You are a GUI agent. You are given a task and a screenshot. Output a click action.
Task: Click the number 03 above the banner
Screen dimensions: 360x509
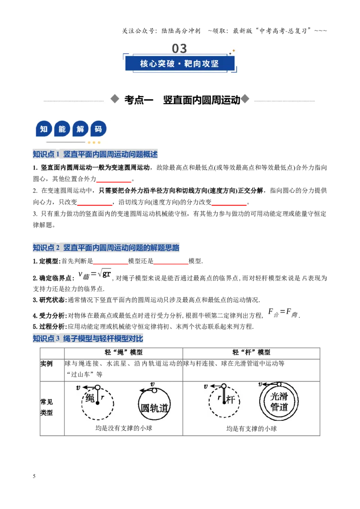pyautogui.click(x=180, y=49)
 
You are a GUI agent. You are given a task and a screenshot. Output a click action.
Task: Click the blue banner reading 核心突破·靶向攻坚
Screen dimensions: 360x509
pyautogui.click(x=180, y=63)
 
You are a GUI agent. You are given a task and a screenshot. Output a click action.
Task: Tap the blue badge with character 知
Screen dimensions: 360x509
pyautogui.click(x=44, y=129)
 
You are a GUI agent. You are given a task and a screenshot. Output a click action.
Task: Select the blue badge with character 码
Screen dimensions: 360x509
pyautogui.click(x=98, y=129)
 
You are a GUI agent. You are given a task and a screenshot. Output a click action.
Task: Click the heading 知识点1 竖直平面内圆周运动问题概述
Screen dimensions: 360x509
pyautogui.click(x=95, y=154)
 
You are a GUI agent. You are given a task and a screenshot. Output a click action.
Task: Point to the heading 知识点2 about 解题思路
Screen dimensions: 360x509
pyautogui.click(x=106, y=248)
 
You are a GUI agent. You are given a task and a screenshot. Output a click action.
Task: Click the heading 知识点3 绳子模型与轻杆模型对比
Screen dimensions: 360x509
pyautogui.click(x=88, y=339)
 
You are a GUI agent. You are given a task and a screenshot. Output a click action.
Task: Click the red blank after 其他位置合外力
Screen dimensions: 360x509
pyautogui.click(x=114, y=182)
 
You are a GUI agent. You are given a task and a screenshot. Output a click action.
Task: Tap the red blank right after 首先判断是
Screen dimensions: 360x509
pyautogui.click(x=110, y=264)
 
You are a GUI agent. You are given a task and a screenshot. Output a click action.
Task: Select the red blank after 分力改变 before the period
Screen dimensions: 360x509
pyautogui.click(x=229, y=205)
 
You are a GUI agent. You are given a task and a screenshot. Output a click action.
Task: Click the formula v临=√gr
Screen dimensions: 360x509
pyautogui.click(x=95, y=275)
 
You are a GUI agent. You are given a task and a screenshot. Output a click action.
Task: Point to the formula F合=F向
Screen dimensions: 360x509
pyautogui.click(x=283, y=313)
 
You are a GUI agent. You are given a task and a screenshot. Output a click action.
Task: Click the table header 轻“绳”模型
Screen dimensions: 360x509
pyautogui.click(x=123, y=353)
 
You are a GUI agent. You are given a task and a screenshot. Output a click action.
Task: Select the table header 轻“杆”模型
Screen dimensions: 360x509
pyautogui.click(x=252, y=353)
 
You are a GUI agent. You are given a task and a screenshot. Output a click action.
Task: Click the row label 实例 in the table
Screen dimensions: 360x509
pyautogui.click(x=46, y=364)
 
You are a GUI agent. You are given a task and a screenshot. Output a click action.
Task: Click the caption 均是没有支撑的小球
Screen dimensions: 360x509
pyautogui.click(x=124, y=428)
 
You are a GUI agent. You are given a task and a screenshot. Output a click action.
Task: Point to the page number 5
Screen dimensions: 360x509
pyautogui.click(x=34, y=476)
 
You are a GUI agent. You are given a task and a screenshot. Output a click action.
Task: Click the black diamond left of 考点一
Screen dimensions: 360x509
pyautogui.click(x=115, y=99)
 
